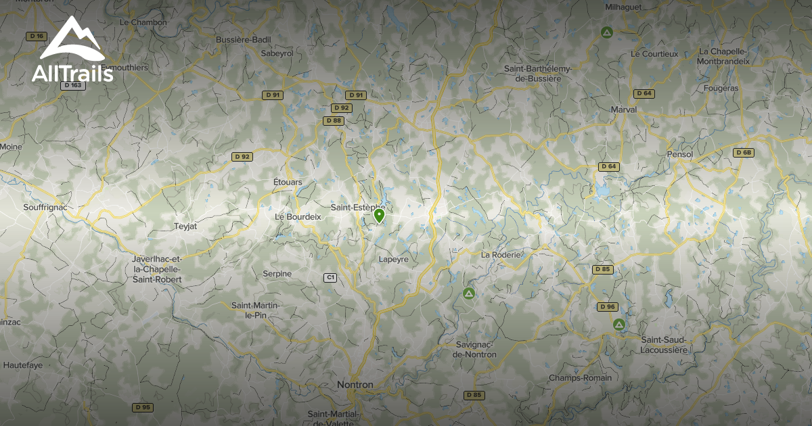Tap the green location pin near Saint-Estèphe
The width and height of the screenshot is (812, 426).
click(379, 216)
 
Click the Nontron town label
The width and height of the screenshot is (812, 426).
click(355, 385)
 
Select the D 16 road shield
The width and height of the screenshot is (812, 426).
click(37, 36)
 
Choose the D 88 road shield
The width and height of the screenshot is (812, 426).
click(333, 120)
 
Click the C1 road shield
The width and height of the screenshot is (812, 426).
click(330, 277)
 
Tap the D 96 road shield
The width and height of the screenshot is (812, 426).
click(608, 307)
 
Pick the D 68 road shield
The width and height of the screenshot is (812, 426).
click(743, 153)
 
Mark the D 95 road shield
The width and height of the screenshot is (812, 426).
click(142, 407)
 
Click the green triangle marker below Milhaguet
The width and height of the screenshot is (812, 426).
click(607, 32)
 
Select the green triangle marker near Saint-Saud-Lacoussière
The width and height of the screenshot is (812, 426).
click(618, 325)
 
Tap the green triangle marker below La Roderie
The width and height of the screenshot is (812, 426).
click(468, 293)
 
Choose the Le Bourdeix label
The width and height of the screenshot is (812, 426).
click(298, 216)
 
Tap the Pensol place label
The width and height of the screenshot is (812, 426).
click(679, 154)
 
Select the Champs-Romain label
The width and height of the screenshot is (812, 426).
click(579, 378)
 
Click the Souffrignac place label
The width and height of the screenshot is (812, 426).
click(45, 207)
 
